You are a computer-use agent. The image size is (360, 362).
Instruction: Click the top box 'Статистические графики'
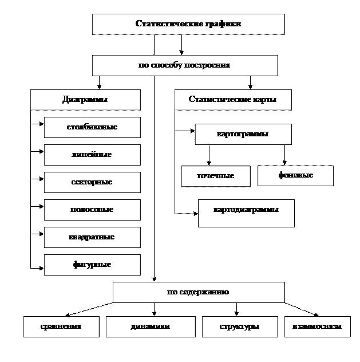pyautogui.click(x=188, y=24)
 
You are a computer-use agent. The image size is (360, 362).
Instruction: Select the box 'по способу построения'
pyautogui.click(x=185, y=65)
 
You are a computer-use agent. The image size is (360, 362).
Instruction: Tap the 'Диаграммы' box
pyautogui.click(x=85, y=100)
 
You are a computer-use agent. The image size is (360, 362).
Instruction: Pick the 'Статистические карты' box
pyautogui.click(x=233, y=100)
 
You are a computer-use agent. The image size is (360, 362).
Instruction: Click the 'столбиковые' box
pyautogui.click(x=92, y=127)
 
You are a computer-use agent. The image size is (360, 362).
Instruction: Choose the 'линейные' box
pyautogui.click(x=92, y=155)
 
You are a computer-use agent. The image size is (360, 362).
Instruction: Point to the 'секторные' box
pyautogui.click(x=92, y=182)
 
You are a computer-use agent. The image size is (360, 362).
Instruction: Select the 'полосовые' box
pyautogui.click(x=92, y=210)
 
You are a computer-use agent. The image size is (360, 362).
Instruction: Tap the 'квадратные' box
pyautogui.click(x=92, y=237)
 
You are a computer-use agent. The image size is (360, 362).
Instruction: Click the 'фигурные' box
pyautogui.click(x=92, y=265)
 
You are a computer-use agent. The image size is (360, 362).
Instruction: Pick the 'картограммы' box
pyautogui.click(x=243, y=135)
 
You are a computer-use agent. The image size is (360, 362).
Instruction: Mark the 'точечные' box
pyautogui.click(x=216, y=176)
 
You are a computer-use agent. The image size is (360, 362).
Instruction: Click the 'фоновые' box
pyautogui.click(x=295, y=175)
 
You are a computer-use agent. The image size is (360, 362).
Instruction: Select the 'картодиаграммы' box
pyautogui.click(x=246, y=213)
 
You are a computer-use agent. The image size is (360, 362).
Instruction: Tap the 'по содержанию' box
pyautogui.click(x=199, y=292)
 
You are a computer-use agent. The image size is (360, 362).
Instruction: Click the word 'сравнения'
pyautogui.click(x=61, y=326)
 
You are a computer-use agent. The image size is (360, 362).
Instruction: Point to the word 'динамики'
pyautogui.click(x=150, y=326)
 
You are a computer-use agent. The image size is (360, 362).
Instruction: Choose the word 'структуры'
pyautogui.click(x=239, y=326)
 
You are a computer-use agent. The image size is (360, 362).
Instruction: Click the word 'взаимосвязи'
pyautogui.click(x=317, y=326)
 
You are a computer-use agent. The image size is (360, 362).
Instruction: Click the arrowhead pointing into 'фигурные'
pyautogui.click(x=42, y=268)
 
